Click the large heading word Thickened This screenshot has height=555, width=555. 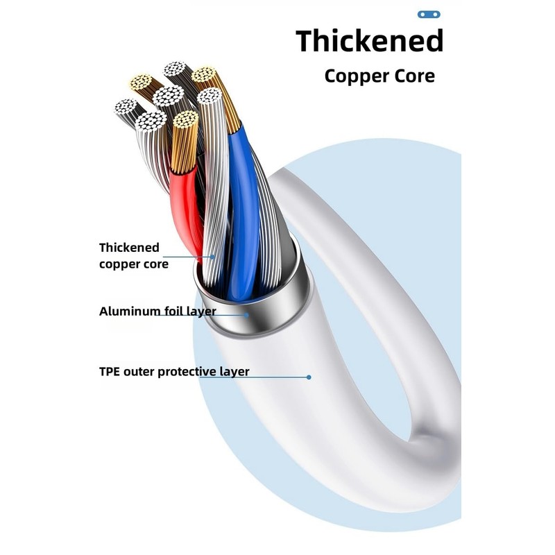click(370, 41)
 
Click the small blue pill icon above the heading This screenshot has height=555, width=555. click(429, 15)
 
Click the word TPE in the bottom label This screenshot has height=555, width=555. click(110, 372)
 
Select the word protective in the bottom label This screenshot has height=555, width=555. click(187, 373)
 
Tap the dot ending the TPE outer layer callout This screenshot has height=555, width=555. click(309, 377)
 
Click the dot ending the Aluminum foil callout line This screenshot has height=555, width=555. click(246, 315)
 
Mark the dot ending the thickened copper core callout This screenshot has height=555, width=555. click(212, 257)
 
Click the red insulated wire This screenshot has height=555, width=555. click(187, 212)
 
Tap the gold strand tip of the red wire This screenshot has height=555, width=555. click(185, 142)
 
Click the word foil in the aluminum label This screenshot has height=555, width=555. click(173, 311)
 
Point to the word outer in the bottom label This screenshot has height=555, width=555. click(138, 372)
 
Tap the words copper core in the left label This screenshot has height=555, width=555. click(134, 265)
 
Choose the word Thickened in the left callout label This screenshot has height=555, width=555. click(129, 248)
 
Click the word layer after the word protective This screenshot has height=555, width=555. click(234, 373)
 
